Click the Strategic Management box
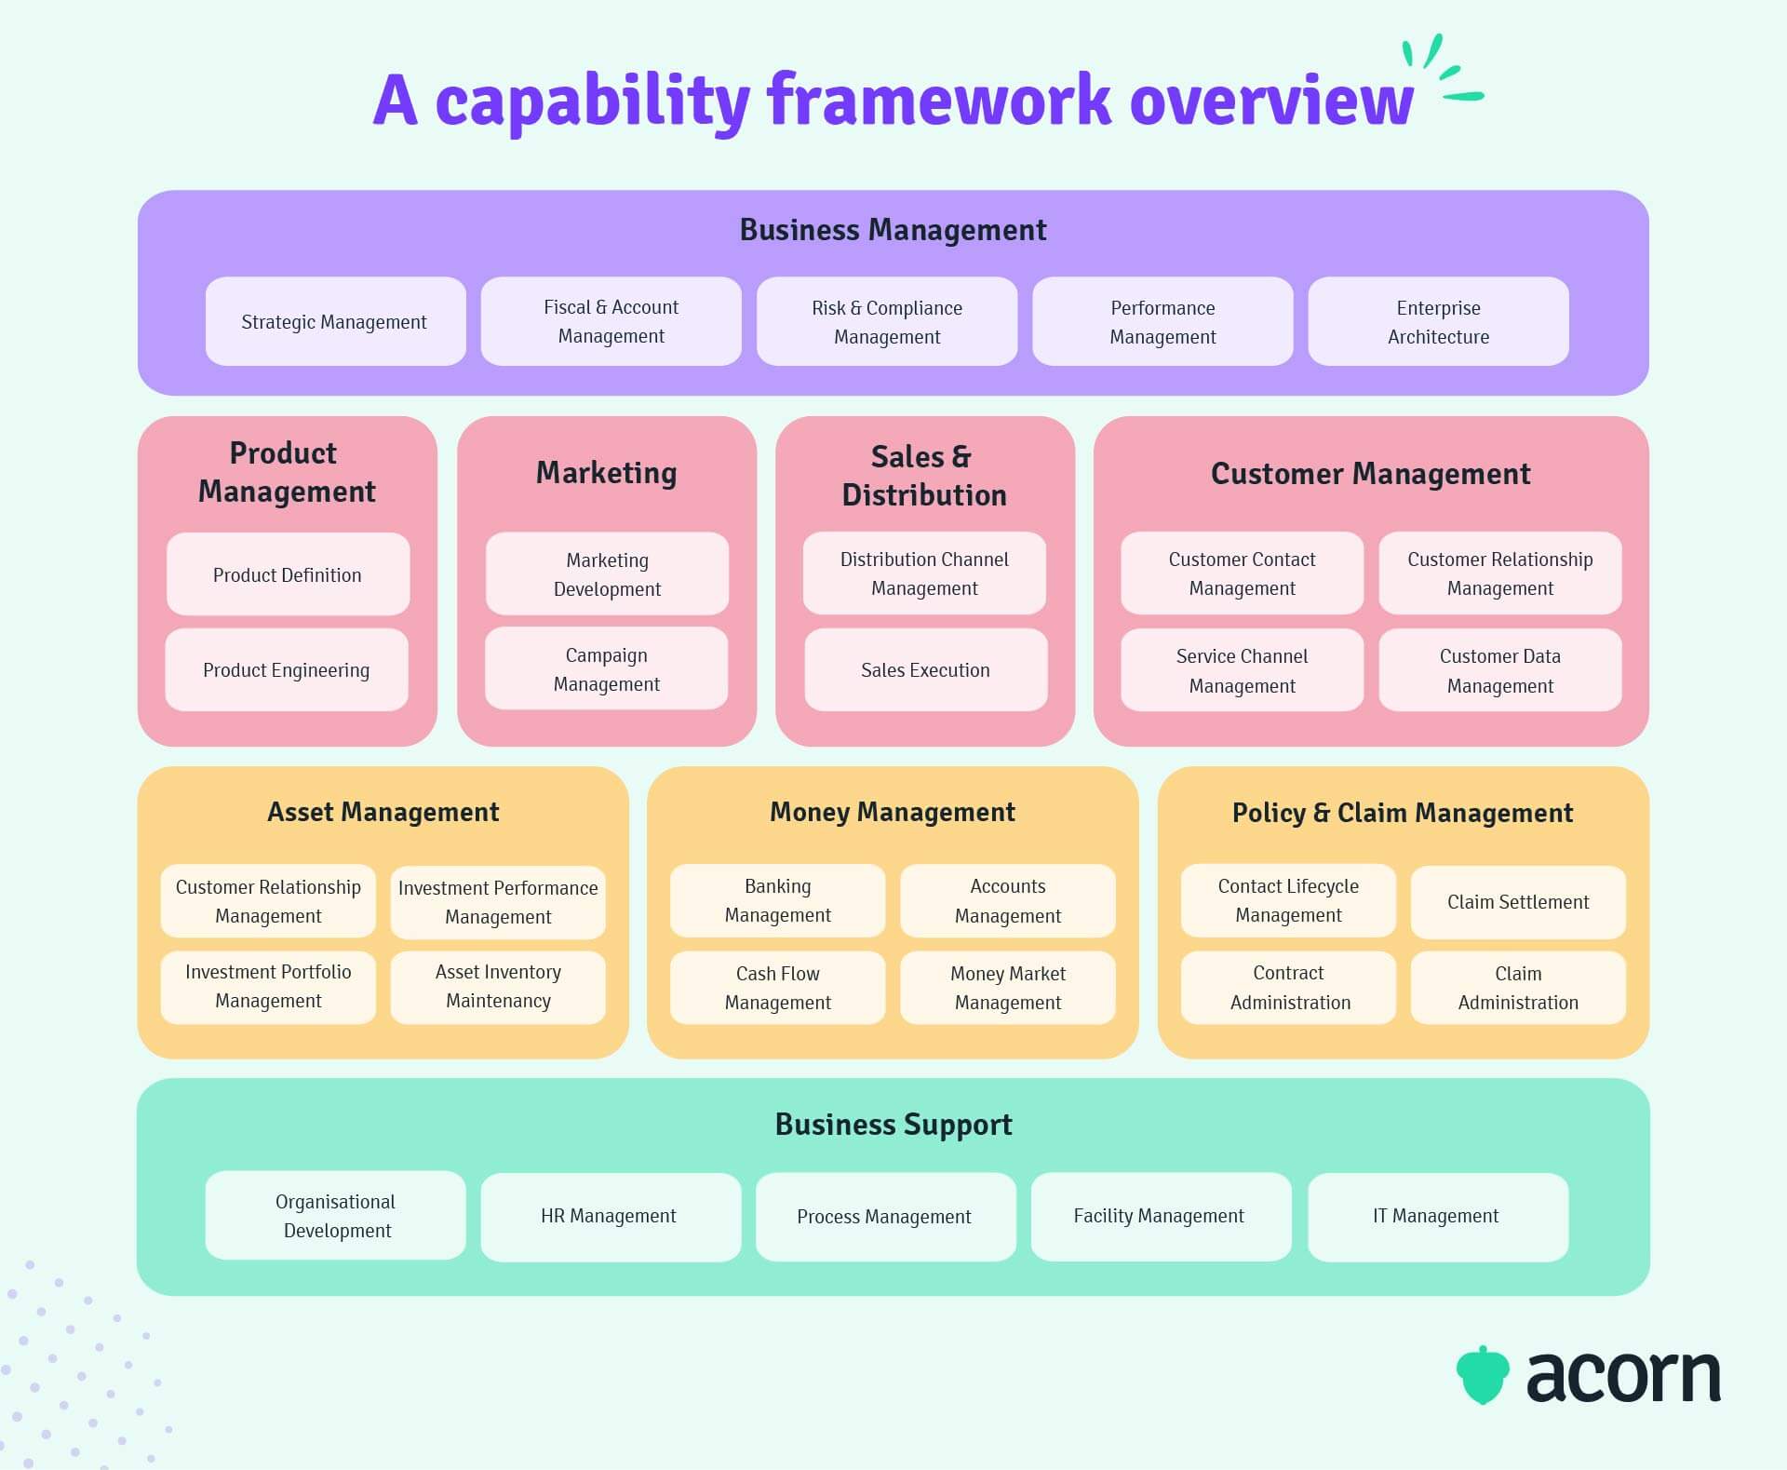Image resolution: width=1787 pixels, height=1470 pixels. click(335, 321)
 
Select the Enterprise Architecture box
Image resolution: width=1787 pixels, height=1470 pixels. click(1438, 321)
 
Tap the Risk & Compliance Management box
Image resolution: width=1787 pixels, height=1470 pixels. click(886, 321)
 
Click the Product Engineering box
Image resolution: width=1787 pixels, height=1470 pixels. click(287, 670)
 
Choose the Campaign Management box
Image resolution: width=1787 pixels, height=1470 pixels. click(606, 669)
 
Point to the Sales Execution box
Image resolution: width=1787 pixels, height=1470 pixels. click(925, 670)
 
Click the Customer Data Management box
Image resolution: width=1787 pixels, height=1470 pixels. click(1499, 670)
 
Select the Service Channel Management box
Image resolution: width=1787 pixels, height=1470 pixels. click(1242, 670)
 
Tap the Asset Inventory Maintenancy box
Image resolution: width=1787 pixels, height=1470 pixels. click(498, 987)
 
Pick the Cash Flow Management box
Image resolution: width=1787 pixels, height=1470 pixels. click(777, 988)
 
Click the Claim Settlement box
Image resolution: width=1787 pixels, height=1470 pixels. click(1518, 902)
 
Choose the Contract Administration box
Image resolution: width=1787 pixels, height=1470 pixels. click(1289, 988)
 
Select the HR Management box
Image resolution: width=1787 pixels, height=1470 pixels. click(610, 1216)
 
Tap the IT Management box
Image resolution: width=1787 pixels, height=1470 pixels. click(1437, 1216)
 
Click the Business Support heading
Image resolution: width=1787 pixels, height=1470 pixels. click(893, 1125)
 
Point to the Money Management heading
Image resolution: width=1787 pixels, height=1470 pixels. click(893, 812)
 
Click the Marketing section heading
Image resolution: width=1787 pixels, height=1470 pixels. click(607, 473)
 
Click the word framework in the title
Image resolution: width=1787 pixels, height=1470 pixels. click(940, 100)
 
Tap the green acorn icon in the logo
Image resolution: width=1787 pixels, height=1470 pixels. click(1482, 1375)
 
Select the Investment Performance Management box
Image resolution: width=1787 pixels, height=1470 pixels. click(498, 902)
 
